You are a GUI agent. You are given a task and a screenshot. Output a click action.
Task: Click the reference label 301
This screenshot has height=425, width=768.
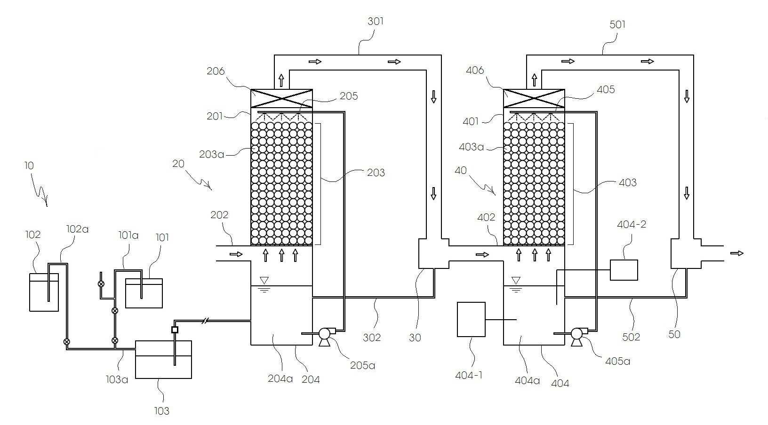(375, 21)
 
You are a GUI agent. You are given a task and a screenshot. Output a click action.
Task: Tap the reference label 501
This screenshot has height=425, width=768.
(617, 24)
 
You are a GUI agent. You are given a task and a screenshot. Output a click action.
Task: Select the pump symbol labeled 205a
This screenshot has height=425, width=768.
(325, 334)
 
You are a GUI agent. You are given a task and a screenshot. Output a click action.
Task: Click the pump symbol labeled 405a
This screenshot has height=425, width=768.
(576, 334)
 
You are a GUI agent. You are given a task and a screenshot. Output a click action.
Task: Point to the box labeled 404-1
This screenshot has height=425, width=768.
(471, 319)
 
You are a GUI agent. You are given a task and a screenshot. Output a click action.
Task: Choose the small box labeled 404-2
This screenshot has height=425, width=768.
(624, 270)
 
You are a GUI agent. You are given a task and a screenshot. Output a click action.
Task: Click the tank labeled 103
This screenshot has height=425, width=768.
(163, 360)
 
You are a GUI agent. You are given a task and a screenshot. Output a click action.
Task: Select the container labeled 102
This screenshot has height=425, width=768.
(44, 292)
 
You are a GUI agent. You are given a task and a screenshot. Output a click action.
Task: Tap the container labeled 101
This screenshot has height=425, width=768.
(144, 294)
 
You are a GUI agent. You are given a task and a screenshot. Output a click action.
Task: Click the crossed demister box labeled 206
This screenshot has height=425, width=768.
(281, 99)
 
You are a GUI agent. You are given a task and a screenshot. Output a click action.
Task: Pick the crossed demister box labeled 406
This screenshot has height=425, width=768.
(534, 99)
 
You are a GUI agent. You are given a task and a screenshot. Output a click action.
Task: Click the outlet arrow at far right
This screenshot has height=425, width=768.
(737, 253)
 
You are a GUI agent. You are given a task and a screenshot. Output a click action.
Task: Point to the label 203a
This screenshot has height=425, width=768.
(211, 154)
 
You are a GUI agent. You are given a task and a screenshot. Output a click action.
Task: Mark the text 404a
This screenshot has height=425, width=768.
(527, 380)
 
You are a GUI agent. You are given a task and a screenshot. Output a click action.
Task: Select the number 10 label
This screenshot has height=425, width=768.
(29, 165)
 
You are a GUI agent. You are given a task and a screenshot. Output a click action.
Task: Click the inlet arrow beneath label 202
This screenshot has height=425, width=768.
(236, 254)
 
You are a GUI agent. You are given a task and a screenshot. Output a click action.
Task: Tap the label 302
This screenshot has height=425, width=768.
(372, 337)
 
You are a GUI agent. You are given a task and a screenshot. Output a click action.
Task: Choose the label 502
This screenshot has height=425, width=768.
(631, 337)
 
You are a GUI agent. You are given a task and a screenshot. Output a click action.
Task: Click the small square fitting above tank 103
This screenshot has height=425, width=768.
(175, 330)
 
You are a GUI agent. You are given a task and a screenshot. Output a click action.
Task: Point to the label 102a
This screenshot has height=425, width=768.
(78, 229)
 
